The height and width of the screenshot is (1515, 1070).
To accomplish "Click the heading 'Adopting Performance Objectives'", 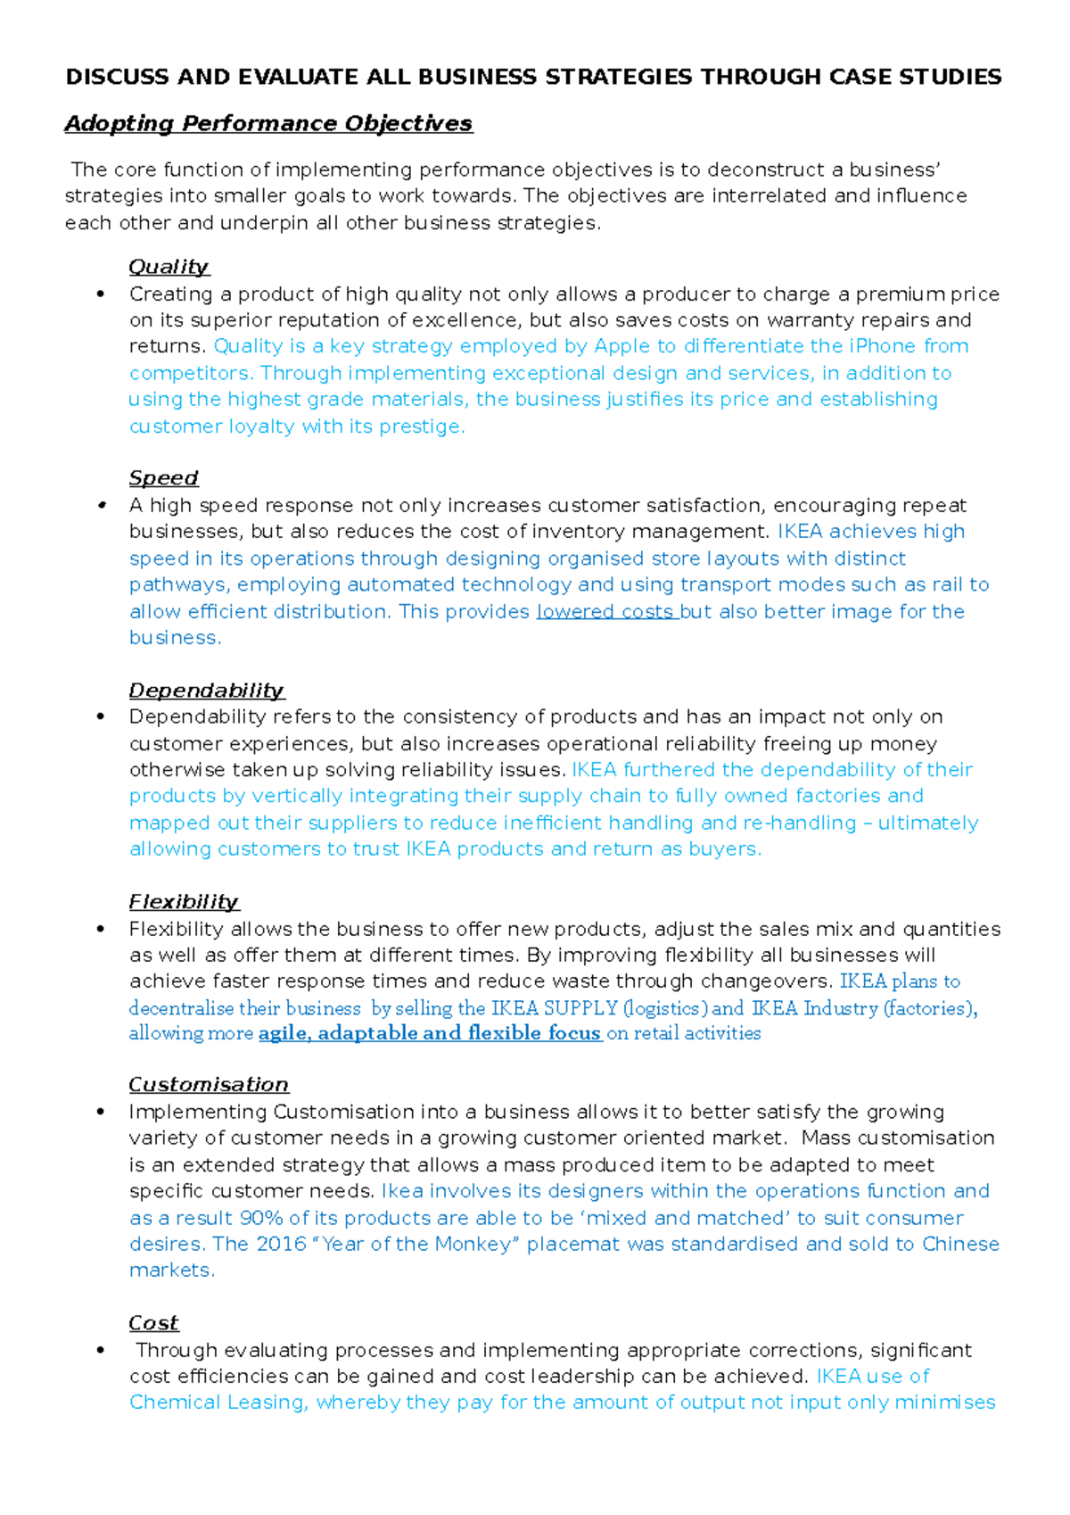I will click(x=268, y=123).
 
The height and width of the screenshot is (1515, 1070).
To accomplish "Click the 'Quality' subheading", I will click(x=169, y=267).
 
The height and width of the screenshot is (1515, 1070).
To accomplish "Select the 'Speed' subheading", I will click(x=163, y=478).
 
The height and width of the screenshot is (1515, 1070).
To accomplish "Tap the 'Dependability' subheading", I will click(x=206, y=691).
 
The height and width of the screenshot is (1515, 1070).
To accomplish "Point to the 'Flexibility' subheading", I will click(x=184, y=902).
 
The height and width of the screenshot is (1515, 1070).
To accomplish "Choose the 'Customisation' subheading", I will click(x=209, y=1085).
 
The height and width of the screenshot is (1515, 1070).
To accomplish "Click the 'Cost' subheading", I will click(x=153, y=1323).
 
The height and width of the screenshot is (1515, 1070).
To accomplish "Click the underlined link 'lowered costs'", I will click(x=605, y=612).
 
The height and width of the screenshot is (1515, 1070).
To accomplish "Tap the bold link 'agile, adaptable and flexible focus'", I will click(x=430, y=1033).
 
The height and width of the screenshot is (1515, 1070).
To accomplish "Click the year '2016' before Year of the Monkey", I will click(x=281, y=1244).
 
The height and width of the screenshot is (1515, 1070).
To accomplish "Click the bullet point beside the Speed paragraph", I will click(x=102, y=506).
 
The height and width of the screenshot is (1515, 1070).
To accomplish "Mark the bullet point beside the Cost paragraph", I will click(x=102, y=1351).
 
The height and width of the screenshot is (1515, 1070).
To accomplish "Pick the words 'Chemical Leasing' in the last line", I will click(x=217, y=1403).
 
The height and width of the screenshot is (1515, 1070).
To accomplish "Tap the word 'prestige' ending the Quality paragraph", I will click(x=421, y=426).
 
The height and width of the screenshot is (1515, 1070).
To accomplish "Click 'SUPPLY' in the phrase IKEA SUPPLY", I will click(x=580, y=1008).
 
